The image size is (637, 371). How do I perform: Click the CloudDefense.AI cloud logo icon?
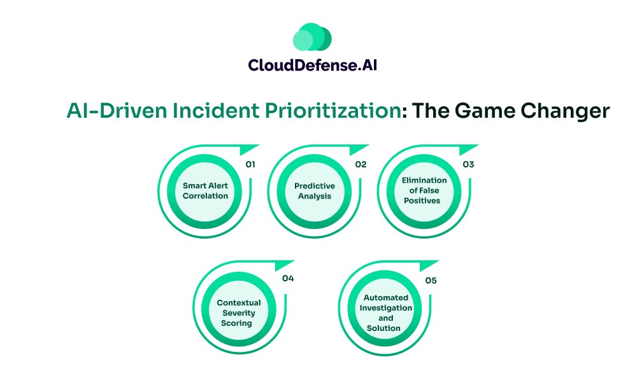[x=312, y=38]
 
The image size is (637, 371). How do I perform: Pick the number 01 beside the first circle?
[x=251, y=164]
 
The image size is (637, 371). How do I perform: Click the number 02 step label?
[x=361, y=164]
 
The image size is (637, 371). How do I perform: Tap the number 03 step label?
[x=468, y=164]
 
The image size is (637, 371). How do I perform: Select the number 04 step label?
[x=287, y=278]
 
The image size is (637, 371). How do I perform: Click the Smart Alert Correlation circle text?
[x=205, y=191]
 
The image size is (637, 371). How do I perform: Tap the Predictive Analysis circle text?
[x=314, y=191]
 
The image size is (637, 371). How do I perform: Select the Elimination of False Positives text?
[x=424, y=190]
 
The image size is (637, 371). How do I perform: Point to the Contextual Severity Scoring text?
[x=238, y=312]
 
